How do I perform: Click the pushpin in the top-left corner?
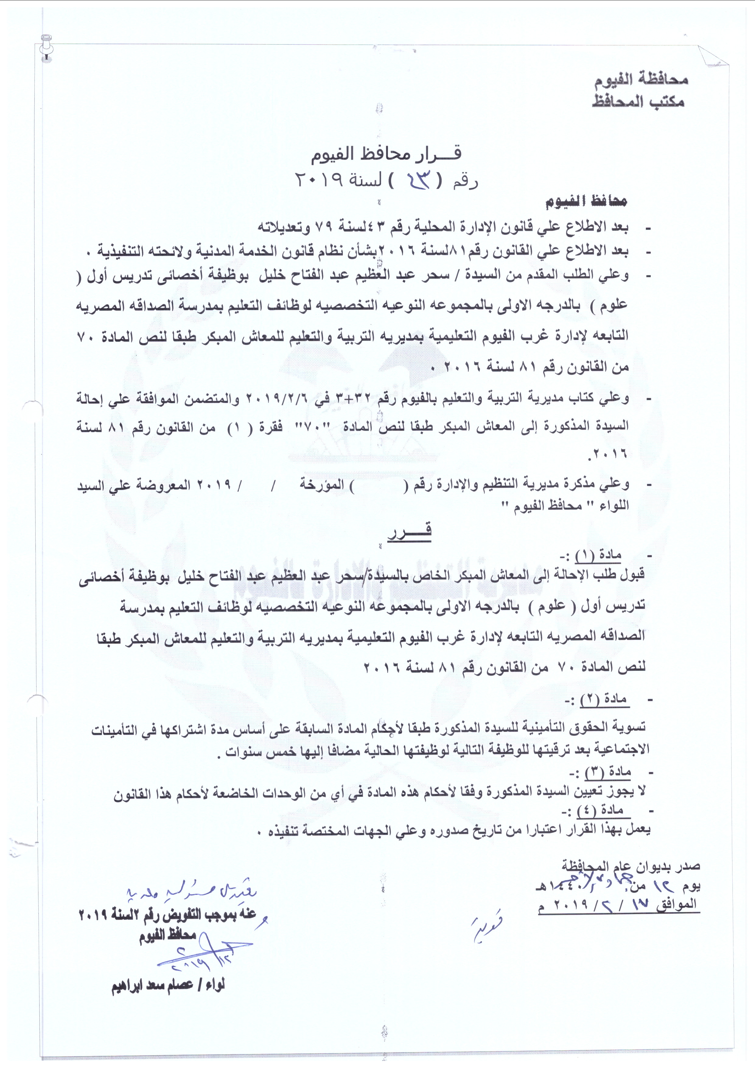[x=47, y=47]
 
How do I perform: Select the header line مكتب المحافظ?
[x=638, y=101]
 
